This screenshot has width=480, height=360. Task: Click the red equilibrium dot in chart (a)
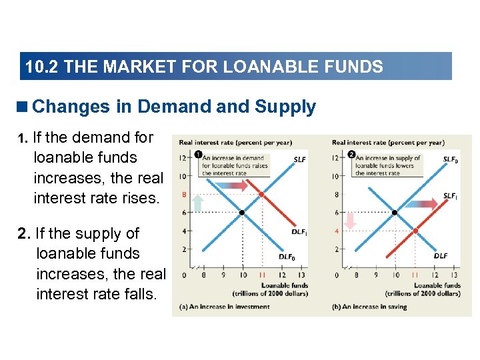tap(261, 195)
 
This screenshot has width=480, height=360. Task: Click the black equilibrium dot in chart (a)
tap(242, 213)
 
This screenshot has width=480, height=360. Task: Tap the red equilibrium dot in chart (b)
tap(415, 231)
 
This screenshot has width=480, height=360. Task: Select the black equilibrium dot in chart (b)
tap(395, 213)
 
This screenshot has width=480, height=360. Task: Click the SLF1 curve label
tap(451, 196)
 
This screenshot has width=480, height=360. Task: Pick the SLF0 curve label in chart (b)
tap(451, 160)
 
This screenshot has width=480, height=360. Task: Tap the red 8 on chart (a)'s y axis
tap(183, 195)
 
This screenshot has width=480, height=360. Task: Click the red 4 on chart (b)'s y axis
tap(337, 231)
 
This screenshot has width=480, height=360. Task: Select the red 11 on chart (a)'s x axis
tap(261, 275)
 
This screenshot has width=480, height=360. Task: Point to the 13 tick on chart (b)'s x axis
tap(454, 275)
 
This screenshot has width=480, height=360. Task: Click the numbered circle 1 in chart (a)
tap(199, 155)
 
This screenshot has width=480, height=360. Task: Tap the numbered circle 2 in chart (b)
tap(351, 155)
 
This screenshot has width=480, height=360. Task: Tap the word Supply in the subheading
tap(285, 107)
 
